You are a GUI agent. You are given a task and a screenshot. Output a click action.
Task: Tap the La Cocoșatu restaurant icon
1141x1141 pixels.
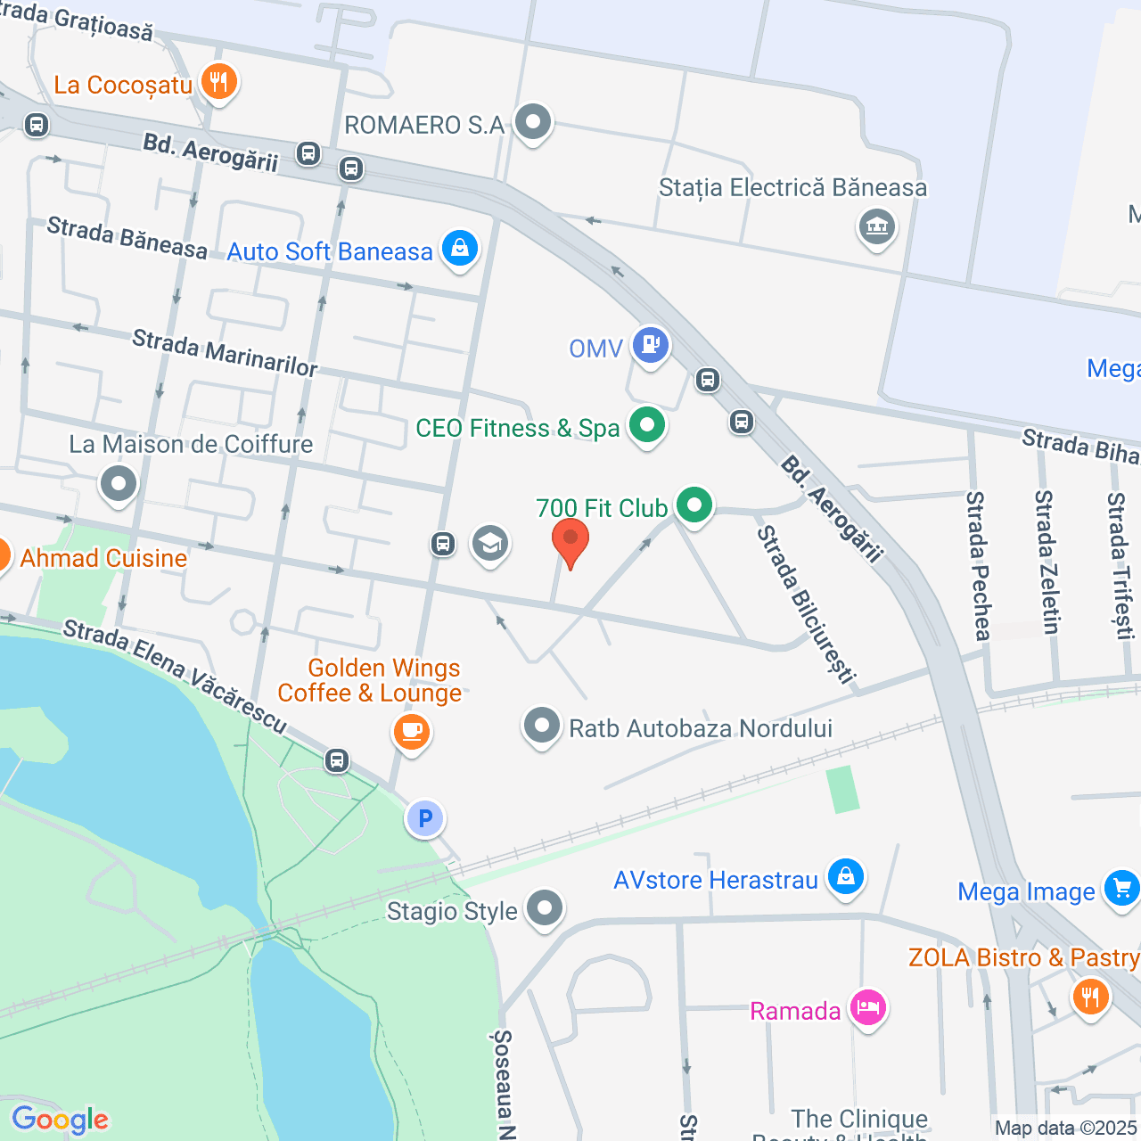(x=218, y=82)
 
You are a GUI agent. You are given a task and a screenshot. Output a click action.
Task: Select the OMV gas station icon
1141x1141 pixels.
(x=651, y=344)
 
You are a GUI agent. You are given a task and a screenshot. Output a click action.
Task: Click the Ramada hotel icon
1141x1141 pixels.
(x=867, y=1008)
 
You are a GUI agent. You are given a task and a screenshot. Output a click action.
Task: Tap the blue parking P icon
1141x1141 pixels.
(x=425, y=818)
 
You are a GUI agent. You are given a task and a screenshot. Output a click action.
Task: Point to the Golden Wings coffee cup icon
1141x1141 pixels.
(x=411, y=732)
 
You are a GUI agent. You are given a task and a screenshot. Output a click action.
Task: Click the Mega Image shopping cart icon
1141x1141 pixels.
(x=1121, y=888)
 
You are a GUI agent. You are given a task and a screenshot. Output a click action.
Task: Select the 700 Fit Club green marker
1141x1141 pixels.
(x=694, y=505)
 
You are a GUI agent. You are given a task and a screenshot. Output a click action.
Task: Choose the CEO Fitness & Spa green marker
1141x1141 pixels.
(x=647, y=425)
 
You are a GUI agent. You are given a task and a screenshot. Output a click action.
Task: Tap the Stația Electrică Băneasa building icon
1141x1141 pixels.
(x=877, y=226)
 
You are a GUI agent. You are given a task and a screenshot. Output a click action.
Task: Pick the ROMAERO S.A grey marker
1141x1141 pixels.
(x=534, y=122)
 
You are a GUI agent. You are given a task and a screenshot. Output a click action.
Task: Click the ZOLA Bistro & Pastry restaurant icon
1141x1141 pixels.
(x=1090, y=995)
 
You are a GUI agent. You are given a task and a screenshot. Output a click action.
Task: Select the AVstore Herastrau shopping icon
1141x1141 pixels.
(x=845, y=877)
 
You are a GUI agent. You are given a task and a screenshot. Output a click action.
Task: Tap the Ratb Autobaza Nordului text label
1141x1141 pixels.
(x=701, y=728)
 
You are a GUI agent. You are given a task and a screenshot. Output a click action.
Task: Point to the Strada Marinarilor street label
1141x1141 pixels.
(x=225, y=353)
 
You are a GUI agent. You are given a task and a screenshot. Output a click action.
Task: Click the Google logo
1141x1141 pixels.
(x=60, y=1120)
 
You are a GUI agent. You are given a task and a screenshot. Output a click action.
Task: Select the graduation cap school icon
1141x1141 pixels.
(x=490, y=543)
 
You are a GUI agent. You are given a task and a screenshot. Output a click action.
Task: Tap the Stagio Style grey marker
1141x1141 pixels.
(x=545, y=908)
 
